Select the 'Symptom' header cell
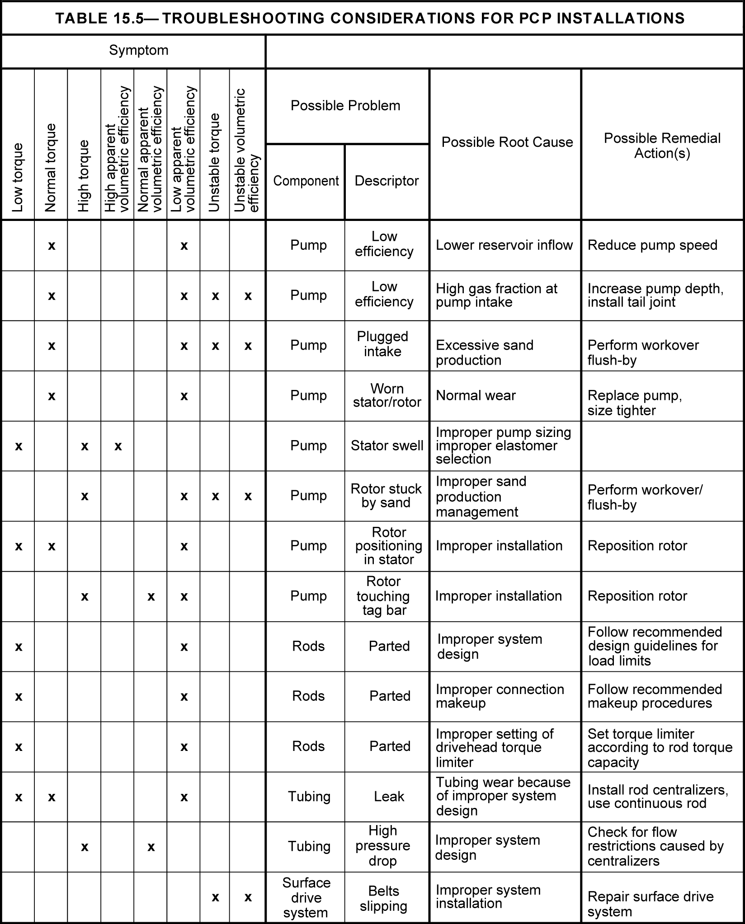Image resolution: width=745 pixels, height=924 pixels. [x=138, y=50]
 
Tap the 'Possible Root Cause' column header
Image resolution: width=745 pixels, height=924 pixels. [x=507, y=142]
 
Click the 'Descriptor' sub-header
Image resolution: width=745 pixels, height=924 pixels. [x=387, y=181]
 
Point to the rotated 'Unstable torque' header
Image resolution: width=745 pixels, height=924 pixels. [x=214, y=163]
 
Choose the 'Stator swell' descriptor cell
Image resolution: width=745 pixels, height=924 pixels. [x=387, y=446]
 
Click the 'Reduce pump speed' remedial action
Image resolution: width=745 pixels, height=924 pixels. [x=652, y=245]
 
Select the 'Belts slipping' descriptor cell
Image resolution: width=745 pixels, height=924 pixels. [x=383, y=899]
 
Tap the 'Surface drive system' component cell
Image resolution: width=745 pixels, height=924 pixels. [x=306, y=898]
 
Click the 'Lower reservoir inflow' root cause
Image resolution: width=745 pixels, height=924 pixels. [x=504, y=245]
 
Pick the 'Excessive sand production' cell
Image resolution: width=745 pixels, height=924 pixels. [x=484, y=353]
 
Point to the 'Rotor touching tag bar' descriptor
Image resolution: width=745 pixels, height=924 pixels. [x=383, y=596]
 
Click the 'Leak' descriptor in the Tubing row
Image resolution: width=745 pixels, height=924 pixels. [x=389, y=796]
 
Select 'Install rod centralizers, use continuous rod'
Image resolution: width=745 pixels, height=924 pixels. [x=657, y=796]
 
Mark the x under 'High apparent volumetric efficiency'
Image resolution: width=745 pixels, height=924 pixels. [x=118, y=446]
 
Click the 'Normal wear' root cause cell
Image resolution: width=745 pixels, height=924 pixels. [x=476, y=396]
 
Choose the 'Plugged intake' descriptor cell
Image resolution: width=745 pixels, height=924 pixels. [x=382, y=344]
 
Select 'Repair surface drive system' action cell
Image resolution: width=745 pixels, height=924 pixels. [x=650, y=904]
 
